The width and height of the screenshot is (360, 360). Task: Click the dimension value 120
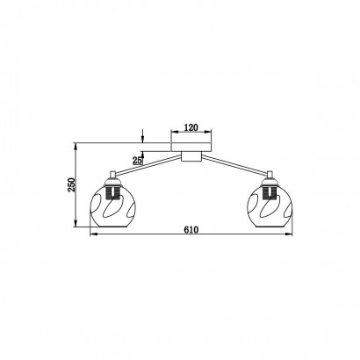click(x=191, y=127)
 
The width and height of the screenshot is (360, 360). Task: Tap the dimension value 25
click(x=137, y=160)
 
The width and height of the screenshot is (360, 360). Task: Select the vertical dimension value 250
click(x=72, y=184)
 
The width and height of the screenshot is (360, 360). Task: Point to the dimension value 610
click(x=191, y=230)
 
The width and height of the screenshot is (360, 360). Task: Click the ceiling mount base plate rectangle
click(x=191, y=147)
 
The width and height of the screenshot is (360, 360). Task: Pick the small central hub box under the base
click(x=191, y=156)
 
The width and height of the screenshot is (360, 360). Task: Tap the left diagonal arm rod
click(x=148, y=166)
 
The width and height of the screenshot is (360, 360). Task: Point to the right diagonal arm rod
click(x=234, y=166)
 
